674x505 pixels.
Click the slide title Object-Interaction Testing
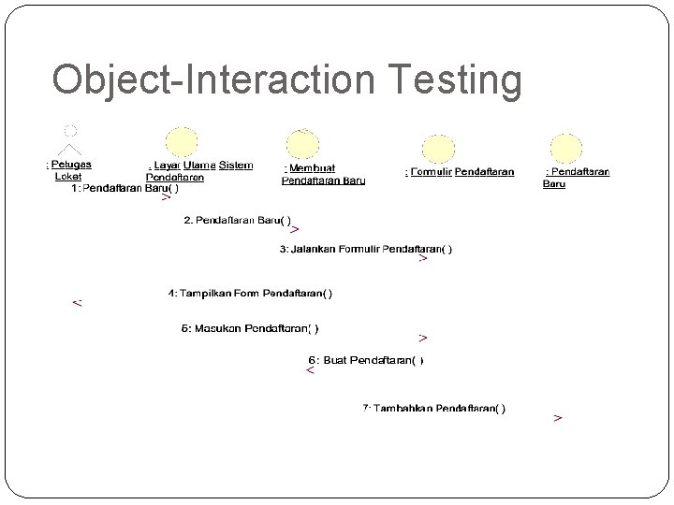[x=286, y=80]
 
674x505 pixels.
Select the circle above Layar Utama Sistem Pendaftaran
[x=182, y=142]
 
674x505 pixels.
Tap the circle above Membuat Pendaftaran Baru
[x=302, y=145]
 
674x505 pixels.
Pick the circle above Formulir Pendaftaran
[x=438, y=150]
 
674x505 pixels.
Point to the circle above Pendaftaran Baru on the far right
[x=565, y=149]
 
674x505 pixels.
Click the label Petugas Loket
[x=68, y=170]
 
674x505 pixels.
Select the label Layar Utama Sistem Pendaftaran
[x=199, y=170]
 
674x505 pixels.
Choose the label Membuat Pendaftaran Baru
[x=323, y=175]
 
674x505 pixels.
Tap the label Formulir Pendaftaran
[x=460, y=172]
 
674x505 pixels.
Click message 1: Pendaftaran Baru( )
[x=125, y=188]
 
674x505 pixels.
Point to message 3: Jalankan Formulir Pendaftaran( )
[x=366, y=249]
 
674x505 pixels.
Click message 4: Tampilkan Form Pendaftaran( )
[x=250, y=294]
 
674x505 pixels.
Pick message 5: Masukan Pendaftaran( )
[x=249, y=328]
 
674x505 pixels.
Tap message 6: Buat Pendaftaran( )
[x=366, y=360]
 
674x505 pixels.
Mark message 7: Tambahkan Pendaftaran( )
[x=434, y=408]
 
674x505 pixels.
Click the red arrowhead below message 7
[x=558, y=418]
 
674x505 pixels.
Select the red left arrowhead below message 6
[x=311, y=371]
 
